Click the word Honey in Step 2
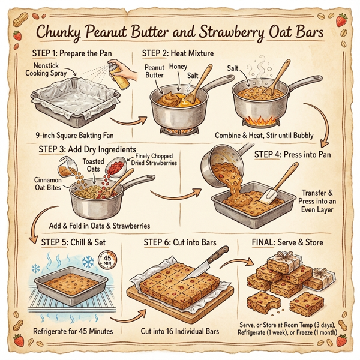[178, 67]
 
